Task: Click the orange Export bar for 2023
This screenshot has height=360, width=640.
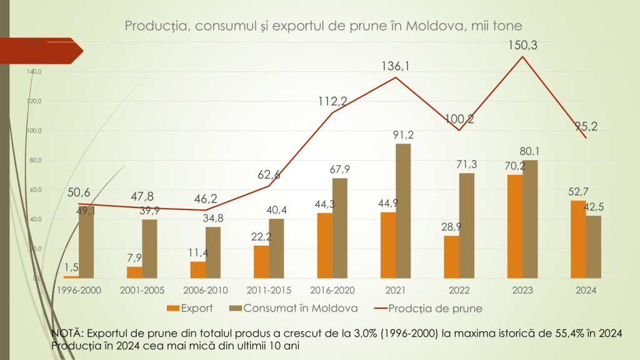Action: coord(514,226)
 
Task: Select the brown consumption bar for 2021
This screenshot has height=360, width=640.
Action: coord(403,211)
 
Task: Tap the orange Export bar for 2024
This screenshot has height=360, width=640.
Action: coord(578,239)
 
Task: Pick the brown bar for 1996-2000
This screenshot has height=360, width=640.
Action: coord(86,242)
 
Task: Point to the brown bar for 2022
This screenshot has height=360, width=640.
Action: coord(467,225)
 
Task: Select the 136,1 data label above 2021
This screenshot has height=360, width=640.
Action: coord(396,64)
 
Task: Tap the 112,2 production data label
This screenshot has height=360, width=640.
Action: coord(332,101)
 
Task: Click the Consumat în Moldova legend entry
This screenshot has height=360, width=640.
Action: coord(293,308)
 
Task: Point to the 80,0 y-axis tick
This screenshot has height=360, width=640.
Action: coord(36,161)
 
